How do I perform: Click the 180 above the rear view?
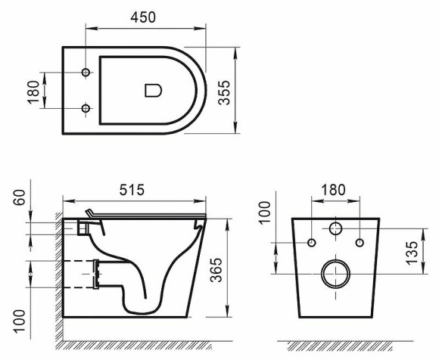point(335,188)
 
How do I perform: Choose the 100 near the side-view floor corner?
point(20,315)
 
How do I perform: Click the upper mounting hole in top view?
point(86,73)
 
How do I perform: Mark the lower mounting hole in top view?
point(86,110)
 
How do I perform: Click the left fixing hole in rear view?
point(311,242)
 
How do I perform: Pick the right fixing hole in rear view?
point(360,242)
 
